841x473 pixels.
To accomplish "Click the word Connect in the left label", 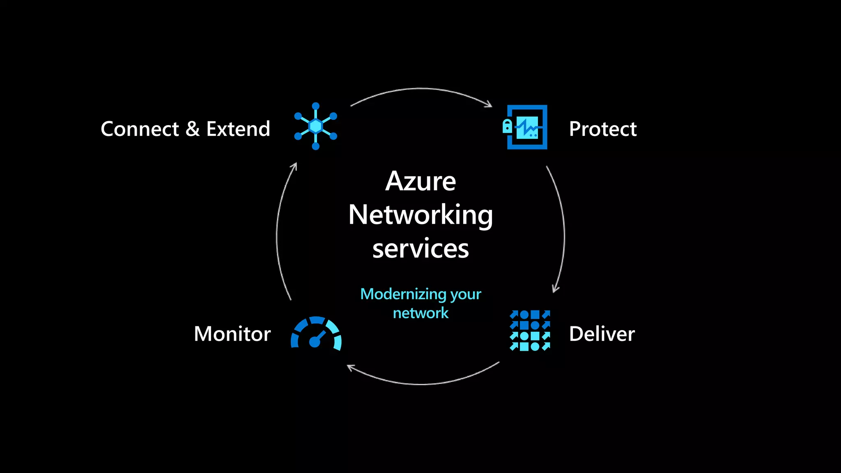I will click(140, 129).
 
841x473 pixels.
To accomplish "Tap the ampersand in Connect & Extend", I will click(193, 129).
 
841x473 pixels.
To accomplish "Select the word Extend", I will click(238, 129).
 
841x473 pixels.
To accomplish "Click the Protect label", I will click(602, 129).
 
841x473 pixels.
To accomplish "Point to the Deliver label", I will click(602, 334).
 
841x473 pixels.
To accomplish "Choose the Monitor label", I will click(232, 334).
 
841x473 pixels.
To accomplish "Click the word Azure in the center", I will click(420, 181).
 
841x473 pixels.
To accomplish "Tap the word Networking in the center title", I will click(420, 215).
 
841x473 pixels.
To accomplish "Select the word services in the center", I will click(420, 249).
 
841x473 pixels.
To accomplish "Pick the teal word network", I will click(420, 313).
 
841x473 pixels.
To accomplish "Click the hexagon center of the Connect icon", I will click(316, 126).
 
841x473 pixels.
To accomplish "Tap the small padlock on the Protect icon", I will click(507, 126).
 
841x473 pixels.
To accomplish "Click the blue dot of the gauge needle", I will click(315, 342).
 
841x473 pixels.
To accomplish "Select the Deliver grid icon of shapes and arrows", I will click(530, 331).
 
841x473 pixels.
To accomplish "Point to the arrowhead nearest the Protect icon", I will click(489, 104).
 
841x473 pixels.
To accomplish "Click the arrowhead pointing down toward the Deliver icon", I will click(555, 289).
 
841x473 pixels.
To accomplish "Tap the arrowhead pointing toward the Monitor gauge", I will click(350, 367).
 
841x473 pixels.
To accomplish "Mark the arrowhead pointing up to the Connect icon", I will click(294, 166).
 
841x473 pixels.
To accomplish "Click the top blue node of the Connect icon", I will click(316, 106).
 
